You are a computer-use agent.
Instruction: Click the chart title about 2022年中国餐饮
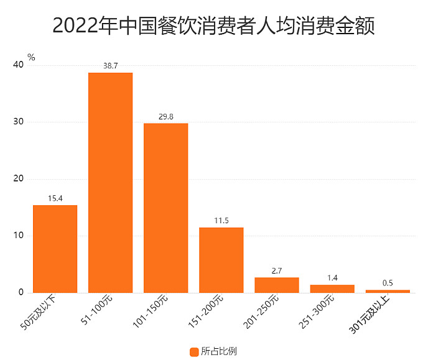[x=213, y=25]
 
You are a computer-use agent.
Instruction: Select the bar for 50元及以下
[x=55, y=249]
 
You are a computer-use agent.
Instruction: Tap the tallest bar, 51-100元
[x=110, y=183]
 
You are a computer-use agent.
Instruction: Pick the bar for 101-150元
[x=165, y=208]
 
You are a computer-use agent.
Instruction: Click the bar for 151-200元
[x=221, y=260]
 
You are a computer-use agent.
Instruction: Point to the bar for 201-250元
[x=277, y=285]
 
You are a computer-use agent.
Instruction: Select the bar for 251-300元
[x=332, y=288]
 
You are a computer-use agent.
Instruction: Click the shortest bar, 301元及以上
[x=388, y=291]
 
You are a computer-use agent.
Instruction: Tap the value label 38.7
[x=110, y=65]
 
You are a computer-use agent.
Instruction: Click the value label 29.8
[x=165, y=116]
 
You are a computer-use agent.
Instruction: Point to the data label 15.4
[x=55, y=198]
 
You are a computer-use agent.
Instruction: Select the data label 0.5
[x=388, y=283]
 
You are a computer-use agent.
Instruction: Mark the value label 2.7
[x=277, y=270]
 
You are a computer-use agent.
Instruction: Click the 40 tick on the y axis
[x=17, y=65]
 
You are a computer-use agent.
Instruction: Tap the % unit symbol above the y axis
[x=31, y=57]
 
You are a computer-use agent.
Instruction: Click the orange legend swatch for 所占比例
[x=193, y=352]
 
